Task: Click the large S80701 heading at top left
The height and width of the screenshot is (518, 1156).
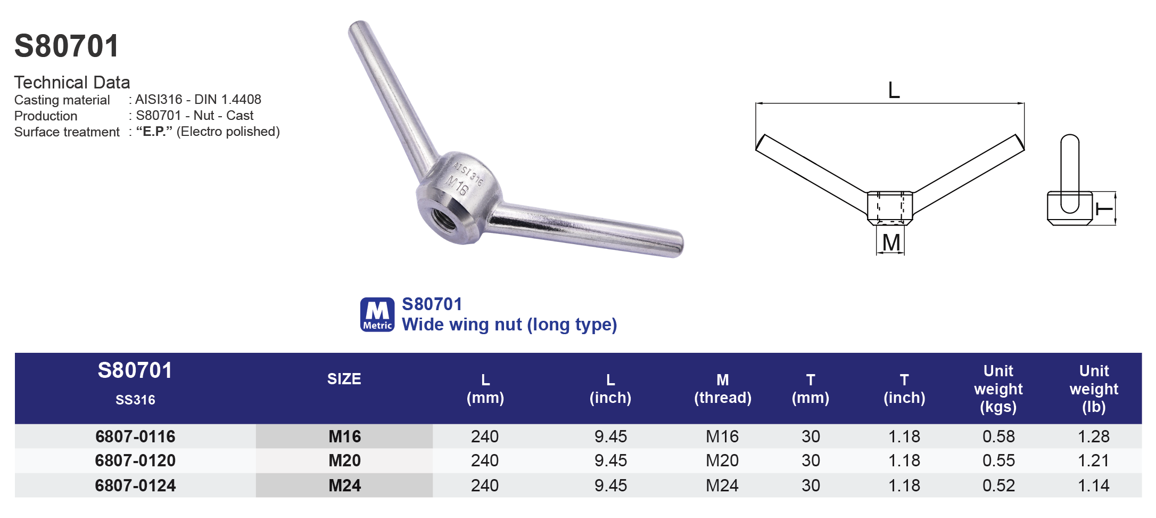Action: [x=67, y=46]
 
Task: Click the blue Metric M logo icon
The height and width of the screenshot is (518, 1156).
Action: [x=377, y=314]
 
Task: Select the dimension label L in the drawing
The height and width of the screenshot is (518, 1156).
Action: [x=894, y=90]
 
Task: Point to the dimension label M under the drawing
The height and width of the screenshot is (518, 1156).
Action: [x=891, y=242]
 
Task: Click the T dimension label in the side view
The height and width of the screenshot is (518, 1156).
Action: [x=1104, y=208]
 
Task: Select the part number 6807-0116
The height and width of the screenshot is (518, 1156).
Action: [x=135, y=436]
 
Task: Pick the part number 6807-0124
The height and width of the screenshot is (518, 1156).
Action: [x=135, y=485]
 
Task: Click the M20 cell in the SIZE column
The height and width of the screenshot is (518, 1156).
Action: [x=344, y=460]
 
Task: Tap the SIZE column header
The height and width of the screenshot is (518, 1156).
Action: [x=344, y=379]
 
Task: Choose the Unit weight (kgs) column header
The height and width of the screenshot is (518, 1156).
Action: [x=998, y=388]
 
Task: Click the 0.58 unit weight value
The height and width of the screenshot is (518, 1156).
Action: [x=998, y=436]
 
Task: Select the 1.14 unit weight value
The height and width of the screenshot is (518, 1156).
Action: [x=1093, y=485]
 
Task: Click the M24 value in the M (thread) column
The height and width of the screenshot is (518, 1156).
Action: [x=722, y=485]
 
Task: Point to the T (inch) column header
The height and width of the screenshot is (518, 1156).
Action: [x=904, y=388]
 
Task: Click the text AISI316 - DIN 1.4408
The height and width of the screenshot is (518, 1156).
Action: [x=198, y=100]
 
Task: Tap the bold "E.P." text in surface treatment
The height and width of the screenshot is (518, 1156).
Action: [x=154, y=132]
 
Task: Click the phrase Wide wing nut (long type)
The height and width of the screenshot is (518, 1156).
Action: [x=509, y=325]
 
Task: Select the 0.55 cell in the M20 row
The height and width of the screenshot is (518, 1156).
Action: [x=998, y=460]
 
